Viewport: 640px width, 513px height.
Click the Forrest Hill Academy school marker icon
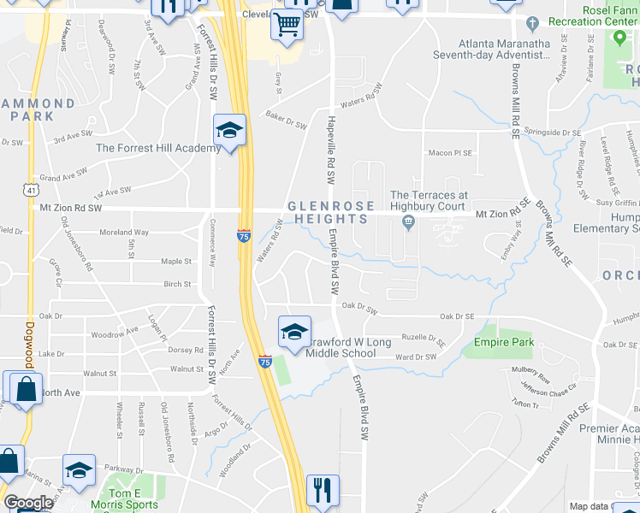point(229,131)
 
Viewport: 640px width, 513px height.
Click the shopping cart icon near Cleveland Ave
point(287,24)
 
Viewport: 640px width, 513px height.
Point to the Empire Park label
point(504,342)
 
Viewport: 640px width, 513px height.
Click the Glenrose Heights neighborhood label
point(331,213)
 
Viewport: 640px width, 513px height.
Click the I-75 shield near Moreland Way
point(244,235)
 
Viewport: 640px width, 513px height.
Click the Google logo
point(28,503)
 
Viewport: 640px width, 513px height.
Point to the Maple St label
point(176,262)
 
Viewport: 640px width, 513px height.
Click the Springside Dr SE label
point(553,133)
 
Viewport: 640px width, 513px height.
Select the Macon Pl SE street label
point(450,153)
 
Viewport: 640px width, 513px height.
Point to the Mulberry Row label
point(530,374)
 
